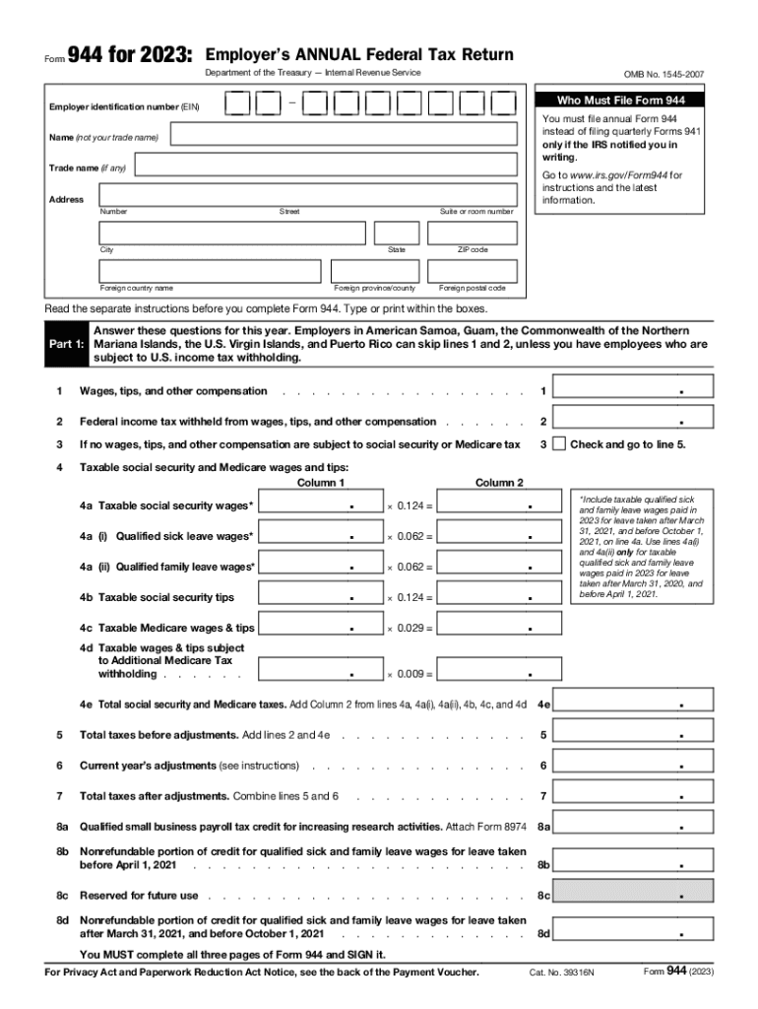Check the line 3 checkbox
[559, 444]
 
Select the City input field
[231, 233]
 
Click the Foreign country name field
[210, 271]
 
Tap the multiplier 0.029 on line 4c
[412, 628]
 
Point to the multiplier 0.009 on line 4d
[412, 674]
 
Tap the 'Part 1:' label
[66, 345]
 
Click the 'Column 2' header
[500, 483]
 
